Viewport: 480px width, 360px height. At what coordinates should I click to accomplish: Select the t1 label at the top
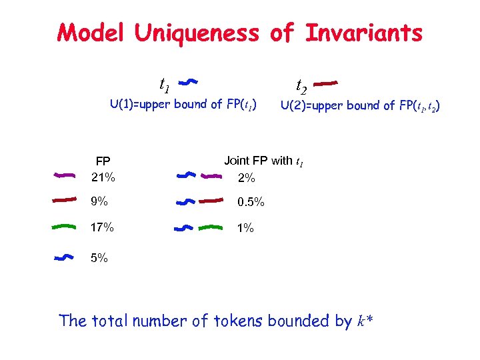coord(164,83)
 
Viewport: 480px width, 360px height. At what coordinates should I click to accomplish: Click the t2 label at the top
coord(301,85)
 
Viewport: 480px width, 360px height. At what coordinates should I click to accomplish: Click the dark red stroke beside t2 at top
coord(326,83)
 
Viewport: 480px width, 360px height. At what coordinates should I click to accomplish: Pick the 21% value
coord(103,177)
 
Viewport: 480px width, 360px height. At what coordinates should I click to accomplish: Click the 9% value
coord(99,201)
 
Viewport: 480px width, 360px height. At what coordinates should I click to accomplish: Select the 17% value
coord(103,227)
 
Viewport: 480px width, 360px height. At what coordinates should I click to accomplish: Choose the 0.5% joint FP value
coord(251,201)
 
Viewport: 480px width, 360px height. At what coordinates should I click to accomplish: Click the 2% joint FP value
coord(246,178)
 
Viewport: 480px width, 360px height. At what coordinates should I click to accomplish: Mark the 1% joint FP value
coord(245,228)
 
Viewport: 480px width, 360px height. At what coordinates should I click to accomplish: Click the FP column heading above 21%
coord(103,161)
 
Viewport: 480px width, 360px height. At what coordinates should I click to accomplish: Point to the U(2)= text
coord(296,105)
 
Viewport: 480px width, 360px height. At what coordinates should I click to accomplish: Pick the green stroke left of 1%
coord(211,227)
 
